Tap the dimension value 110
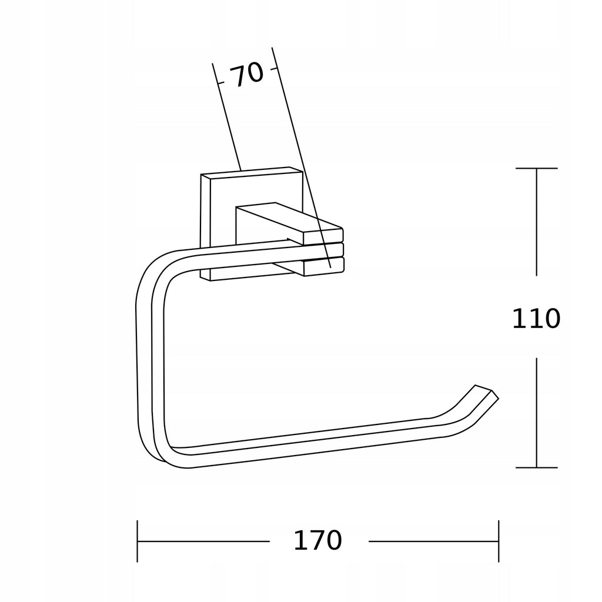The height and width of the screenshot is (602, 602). [x=536, y=318]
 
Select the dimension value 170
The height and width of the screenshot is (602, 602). [x=317, y=541]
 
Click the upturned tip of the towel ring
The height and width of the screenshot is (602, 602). [x=487, y=392]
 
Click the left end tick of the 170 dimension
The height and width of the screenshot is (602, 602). [x=138, y=541]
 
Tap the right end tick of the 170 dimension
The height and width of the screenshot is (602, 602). [x=499, y=541]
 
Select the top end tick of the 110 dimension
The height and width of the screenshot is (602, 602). [x=536, y=168]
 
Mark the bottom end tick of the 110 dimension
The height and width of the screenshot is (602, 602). [x=536, y=467]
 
